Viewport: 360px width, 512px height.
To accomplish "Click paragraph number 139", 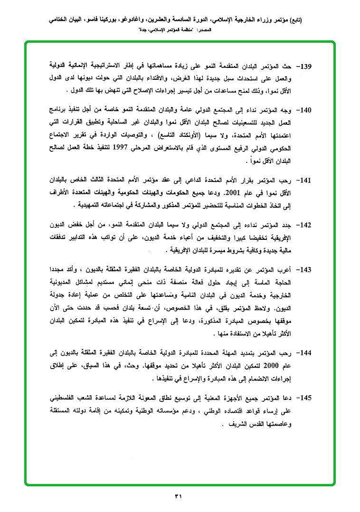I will pyautogui.click(x=303, y=66).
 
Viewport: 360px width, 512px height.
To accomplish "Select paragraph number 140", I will pyautogui.click(x=303, y=111).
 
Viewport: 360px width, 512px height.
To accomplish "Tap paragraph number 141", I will pyautogui.click(x=303, y=180).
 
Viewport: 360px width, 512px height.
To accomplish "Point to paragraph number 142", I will pyautogui.click(x=303, y=225).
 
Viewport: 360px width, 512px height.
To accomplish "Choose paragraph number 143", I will pyautogui.click(x=303, y=270).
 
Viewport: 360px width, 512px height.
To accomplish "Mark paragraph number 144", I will pyautogui.click(x=303, y=353).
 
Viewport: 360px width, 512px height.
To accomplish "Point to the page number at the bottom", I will pyautogui.click(x=179, y=497).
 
